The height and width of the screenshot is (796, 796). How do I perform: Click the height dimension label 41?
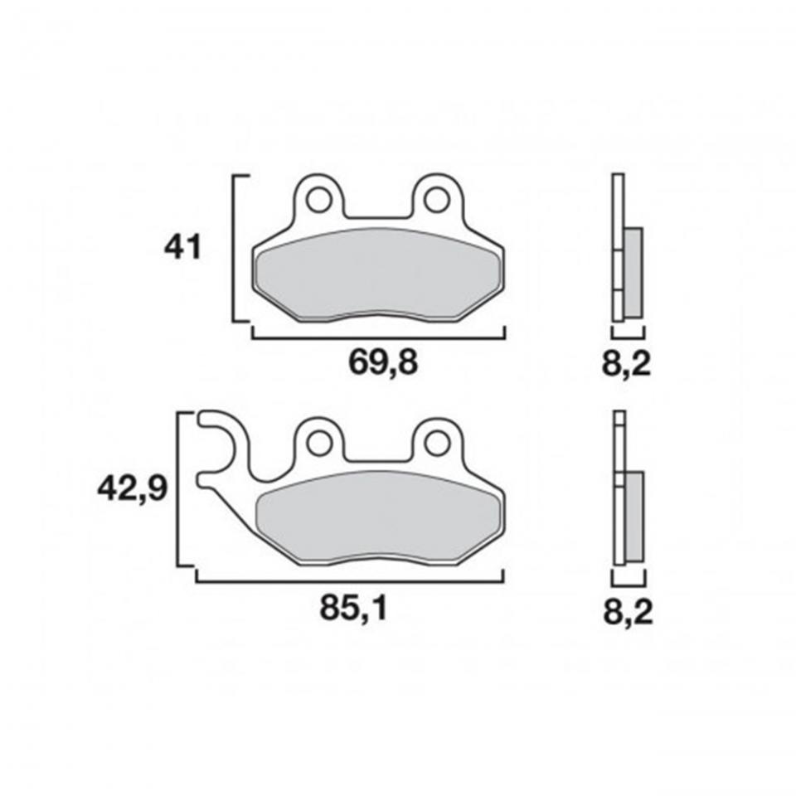(183, 246)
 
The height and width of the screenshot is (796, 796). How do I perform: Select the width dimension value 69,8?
(381, 362)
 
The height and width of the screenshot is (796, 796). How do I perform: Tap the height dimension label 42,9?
(133, 488)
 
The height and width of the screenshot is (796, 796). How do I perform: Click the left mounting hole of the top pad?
(317, 201)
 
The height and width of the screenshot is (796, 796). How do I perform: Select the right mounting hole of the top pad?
(436, 201)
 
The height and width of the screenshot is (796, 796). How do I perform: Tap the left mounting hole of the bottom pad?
(317, 444)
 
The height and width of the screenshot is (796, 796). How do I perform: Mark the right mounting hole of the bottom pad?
(436, 444)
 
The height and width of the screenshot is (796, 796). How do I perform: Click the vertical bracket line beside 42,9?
(180, 489)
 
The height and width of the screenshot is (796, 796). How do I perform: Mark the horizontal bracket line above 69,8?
(377, 337)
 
